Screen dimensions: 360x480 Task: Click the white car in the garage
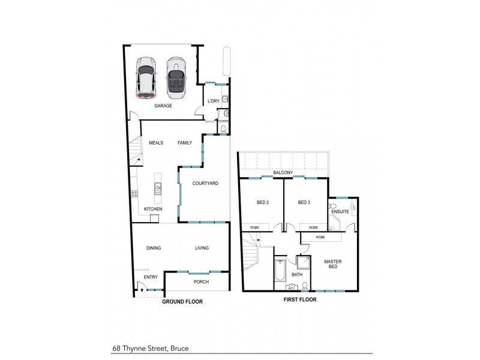pyautogui.click(x=146, y=77)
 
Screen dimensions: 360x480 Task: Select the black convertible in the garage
pyautogui.click(x=175, y=77)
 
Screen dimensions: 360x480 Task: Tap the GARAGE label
pyautogui.click(x=163, y=106)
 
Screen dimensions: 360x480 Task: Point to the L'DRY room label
pyautogui.click(x=213, y=101)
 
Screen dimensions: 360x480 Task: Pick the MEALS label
pyautogui.click(x=148, y=143)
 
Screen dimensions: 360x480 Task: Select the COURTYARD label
pyautogui.click(x=205, y=183)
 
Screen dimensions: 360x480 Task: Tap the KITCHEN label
pyautogui.click(x=152, y=209)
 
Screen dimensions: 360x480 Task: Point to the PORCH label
pyautogui.click(x=201, y=282)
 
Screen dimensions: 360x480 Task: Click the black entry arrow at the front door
pyautogui.click(x=142, y=289)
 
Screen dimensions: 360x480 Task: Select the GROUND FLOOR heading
pyautogui.click(x=182, y=302)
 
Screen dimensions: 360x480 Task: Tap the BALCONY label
pyautogui.click(x=283, y=173)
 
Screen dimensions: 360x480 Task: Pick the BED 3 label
pyautogui.click(x=304, y=202)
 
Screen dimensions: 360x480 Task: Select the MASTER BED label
pyautogui.click(x=333, y=264)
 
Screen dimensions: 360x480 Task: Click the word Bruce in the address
pyautogui.click(x=179, y=347)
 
